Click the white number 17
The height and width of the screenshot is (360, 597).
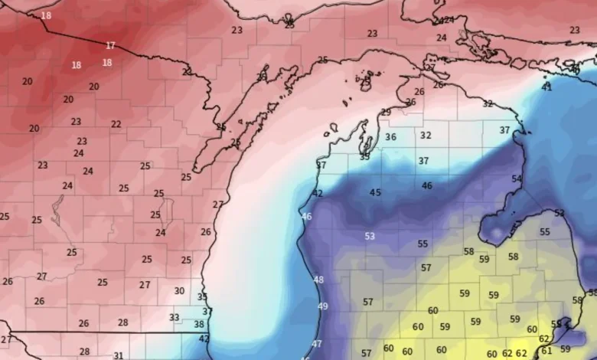tap(111, 46)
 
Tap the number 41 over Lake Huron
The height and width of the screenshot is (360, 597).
tap(546, 87)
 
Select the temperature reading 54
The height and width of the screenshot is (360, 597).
tap(517, 178)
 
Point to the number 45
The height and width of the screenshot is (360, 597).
tap(375, 193)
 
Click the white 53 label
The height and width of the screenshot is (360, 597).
tap(370, 237)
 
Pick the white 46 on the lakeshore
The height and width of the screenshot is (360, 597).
tap(307, 217)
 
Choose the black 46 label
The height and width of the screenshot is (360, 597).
tap(426, 185)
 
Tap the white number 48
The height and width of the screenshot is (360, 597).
tap(318, 280)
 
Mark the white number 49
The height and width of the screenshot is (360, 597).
tap(323, 306)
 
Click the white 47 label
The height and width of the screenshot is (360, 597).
tap(317, 344)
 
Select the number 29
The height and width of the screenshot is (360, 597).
tap(386, 113)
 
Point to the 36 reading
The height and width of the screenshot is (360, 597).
tap(390, 137)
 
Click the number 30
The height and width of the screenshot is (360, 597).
tap(179, 291)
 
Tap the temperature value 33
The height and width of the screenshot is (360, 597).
tap(175, 317)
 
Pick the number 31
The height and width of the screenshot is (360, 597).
tap(118, 355)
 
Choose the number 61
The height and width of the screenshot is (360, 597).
tap(546, 351)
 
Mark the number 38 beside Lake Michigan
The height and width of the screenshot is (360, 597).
tap(199, 325)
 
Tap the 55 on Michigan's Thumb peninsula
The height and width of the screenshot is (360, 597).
tap(545, 231)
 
